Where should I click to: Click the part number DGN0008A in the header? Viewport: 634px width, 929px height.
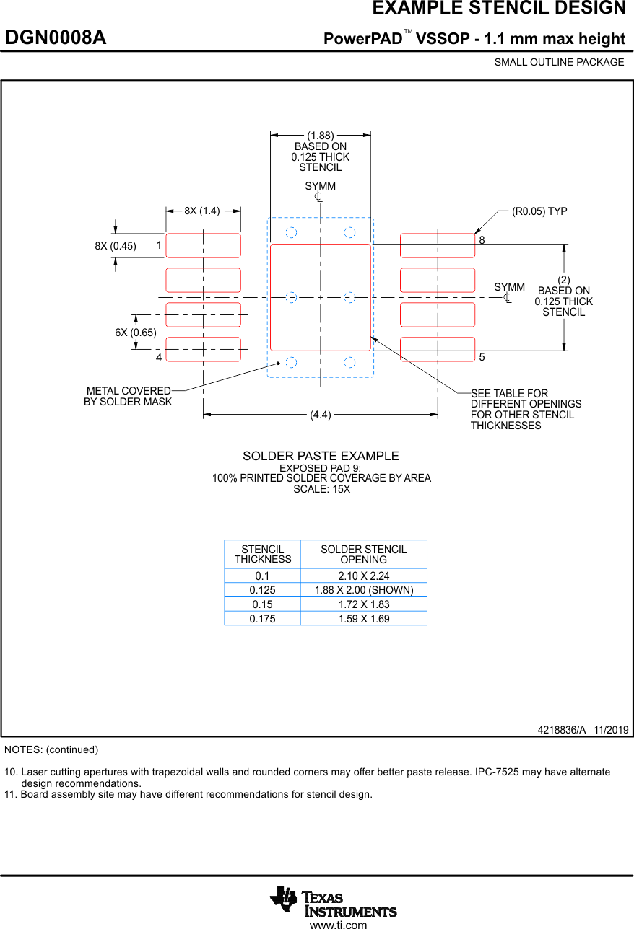coord(56,38)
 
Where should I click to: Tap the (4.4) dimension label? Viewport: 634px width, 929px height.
coord(321,415)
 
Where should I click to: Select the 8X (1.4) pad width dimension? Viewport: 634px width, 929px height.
coord(201,211)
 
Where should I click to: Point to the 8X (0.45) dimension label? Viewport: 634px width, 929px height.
coord(116,246)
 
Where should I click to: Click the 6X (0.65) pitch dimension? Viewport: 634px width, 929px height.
coord(136,333)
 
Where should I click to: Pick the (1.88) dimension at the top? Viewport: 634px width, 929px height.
coord(321,136)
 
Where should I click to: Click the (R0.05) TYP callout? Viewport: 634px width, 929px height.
coord(539,211)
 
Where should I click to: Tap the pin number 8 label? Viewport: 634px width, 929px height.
coord(482,239)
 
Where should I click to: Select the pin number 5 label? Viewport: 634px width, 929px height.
coord(482,358)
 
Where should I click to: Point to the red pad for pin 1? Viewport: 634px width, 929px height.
coord(204,245)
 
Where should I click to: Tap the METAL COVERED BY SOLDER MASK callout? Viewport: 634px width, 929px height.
coord(129,397)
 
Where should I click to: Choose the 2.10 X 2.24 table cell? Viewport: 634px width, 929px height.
coord(363,576)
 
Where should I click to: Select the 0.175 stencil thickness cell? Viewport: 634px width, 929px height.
coord(262,618)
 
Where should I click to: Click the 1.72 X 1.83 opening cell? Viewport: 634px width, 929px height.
coord(363,604)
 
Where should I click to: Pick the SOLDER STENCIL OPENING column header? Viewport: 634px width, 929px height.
coord(363,555)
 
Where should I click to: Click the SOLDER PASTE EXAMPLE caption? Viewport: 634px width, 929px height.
coord(321,456)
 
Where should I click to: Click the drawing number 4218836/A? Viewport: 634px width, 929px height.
coord(562,730)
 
